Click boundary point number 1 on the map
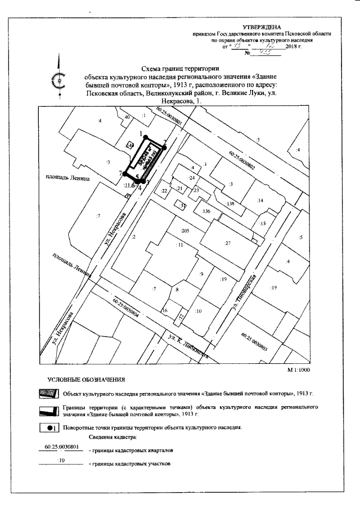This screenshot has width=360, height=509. (145, 137)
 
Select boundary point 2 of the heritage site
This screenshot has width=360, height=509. (165, 147)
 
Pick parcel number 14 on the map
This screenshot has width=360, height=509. (260, 200)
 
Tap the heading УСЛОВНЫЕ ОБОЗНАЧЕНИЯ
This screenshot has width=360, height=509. (86, 380)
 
